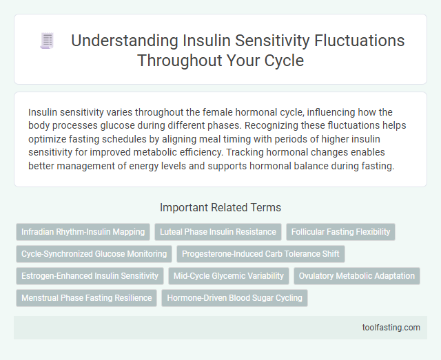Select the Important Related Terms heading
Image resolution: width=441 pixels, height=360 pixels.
click(x=220, y=207)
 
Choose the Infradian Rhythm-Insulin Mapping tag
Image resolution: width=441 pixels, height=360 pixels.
click(x=83, y=232)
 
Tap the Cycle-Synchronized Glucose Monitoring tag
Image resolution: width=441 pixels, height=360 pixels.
click(x=94, y=254)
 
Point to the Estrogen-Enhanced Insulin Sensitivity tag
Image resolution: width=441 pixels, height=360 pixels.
click(x=90, y=276)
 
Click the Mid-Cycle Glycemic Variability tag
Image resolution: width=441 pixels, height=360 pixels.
click(x=229, y=276)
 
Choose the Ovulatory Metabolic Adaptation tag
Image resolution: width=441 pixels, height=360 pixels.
click(x=358, y=276)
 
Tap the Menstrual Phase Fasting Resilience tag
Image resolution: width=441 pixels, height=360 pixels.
click(x=86, y=298)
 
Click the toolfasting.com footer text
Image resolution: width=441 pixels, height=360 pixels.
click(x=391, y=327)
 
